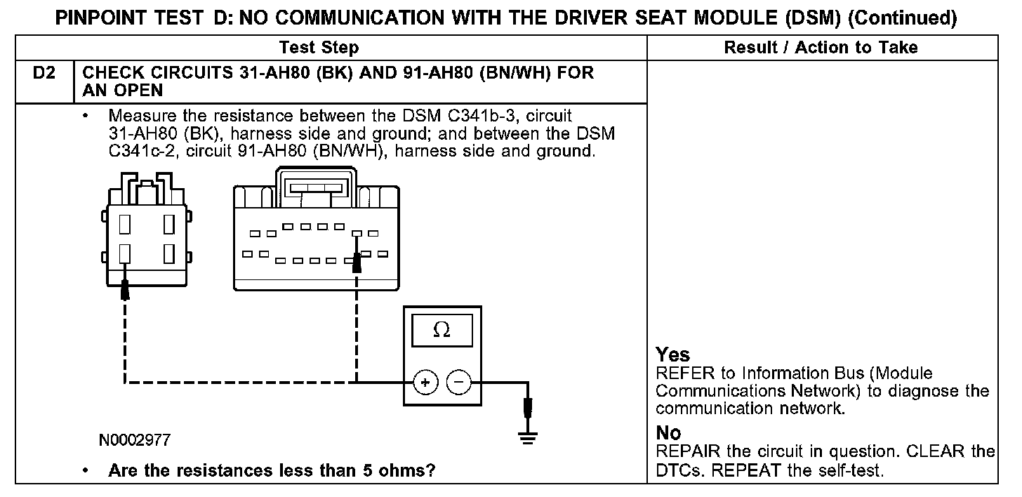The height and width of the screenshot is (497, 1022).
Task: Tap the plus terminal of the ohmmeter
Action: pos(425,383)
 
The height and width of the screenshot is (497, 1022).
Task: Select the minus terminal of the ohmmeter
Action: pos(459,383)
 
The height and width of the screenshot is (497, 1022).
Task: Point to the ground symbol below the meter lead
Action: pos(527,437)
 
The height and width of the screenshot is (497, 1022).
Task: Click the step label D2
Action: pos(44,73)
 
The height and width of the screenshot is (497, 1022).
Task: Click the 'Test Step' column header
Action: pos(319,48)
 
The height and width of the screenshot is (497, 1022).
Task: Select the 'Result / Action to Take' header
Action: pos(821,48)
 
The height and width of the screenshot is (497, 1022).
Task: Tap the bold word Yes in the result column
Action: pos(672,354)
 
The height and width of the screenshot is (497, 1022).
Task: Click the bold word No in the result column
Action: pos(668,432)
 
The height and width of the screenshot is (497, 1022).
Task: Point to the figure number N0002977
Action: pos(134,440)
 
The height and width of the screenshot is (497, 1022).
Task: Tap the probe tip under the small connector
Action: pos(125,289)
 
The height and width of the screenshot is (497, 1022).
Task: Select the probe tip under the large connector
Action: pos(357,263)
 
